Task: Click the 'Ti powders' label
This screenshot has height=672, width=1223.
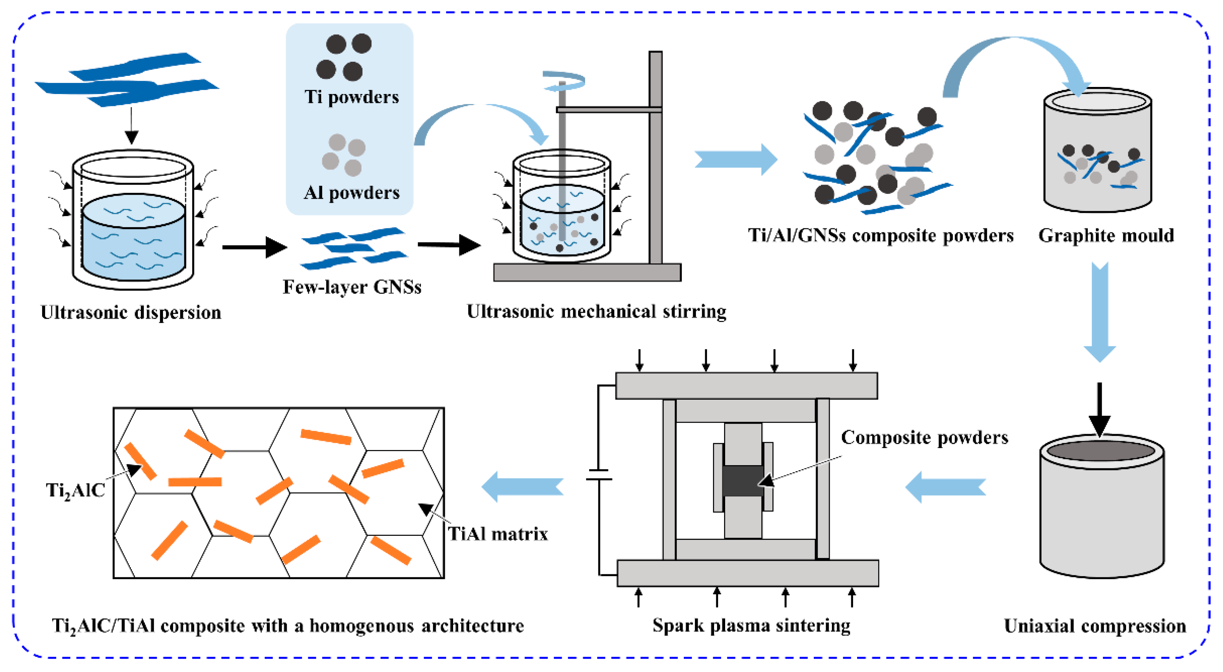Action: pos(352,97)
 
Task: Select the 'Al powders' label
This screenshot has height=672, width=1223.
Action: pos(352,192)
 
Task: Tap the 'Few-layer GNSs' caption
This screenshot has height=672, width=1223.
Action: pos(352,287)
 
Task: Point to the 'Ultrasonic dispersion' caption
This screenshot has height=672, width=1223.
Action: pos(131,313)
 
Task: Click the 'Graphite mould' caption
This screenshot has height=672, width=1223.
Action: pos(1106,236)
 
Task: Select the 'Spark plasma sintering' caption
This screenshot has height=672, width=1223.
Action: pos(751,625)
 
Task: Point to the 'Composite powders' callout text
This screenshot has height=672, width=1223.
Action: pos(924,437)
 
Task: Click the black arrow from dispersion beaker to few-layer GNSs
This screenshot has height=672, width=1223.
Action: pos(255,247)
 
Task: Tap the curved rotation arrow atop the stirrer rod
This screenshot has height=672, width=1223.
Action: pos(564,81)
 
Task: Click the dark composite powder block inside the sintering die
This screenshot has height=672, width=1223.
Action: pos(743,481)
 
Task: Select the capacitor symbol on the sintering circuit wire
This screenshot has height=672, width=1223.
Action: pos(599,475)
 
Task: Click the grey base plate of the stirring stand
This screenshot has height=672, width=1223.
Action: pos(587,273)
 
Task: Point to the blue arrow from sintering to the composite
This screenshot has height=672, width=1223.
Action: pos(522,487)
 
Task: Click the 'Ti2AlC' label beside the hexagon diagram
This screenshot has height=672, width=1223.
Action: pos(75,490)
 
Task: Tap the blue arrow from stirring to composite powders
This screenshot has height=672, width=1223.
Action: pos(736,159)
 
